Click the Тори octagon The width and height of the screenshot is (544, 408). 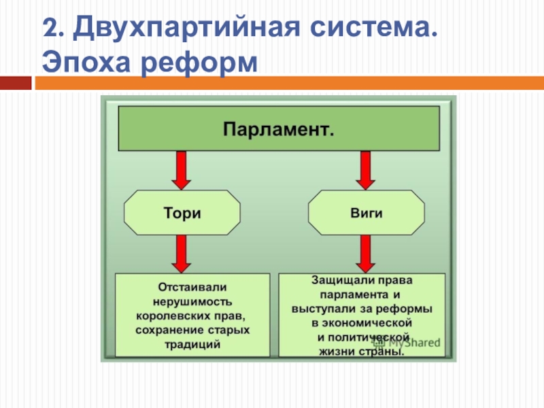coord(182,213)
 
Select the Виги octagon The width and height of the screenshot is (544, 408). coord(367,213)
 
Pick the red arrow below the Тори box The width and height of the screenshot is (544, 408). coord(182,253)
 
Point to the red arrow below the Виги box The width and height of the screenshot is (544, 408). coord(367,253)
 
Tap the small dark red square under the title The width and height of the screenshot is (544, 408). coord(16,84)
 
